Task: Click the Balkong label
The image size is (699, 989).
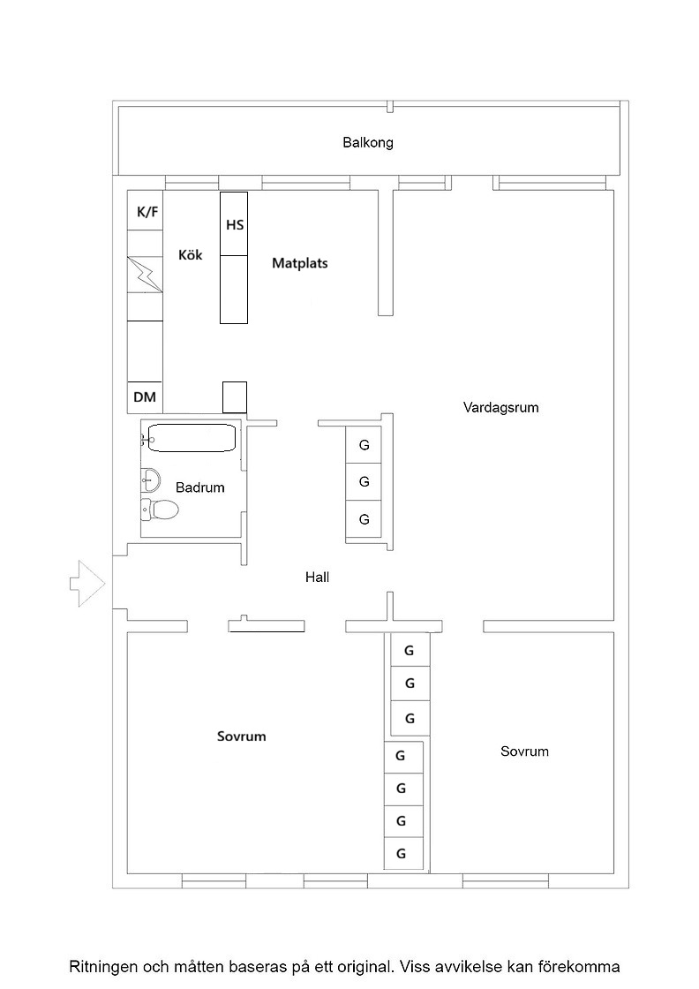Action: (x=368, y=142)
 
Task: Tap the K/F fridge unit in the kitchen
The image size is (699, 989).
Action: (x=145, y=211)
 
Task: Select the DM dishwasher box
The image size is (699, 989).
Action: (x=145, y=397)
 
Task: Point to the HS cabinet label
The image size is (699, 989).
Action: (x=235, y=224)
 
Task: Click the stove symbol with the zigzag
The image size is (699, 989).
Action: (x=145, y=275)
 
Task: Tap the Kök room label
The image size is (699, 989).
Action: (x=191, y=255)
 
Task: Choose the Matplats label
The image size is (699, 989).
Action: (x=300, y=263)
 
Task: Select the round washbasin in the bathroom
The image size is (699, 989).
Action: (x=151, y=480)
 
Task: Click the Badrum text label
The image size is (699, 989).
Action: (x=199, y=487)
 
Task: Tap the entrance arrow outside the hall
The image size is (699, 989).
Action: (x=87, y=584)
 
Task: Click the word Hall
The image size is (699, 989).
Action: (x=317, y=578)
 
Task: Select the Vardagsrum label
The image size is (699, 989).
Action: (x=501, y=407)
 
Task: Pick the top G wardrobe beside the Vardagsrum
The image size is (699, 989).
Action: (x=364, y=445)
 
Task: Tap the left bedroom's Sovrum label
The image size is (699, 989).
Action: (x=242, y=736)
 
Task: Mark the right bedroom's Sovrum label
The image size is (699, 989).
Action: (x=524, y=751)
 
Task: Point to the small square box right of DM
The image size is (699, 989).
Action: (x=235, y=397)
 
